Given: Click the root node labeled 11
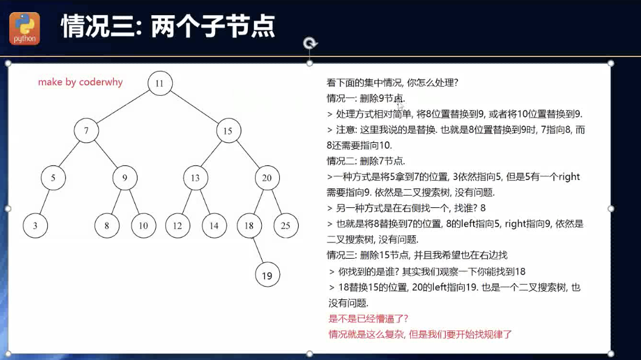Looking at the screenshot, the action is coord(159,84).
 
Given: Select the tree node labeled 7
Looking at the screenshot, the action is coord(87,131).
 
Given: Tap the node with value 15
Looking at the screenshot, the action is coord(228,131).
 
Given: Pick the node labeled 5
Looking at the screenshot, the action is coord(53,178).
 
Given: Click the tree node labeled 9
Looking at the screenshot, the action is coord(125,178).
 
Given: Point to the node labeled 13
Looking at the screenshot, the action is coord(195,178).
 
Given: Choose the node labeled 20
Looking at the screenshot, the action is coord(267,178).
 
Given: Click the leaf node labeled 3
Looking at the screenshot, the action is coord(35,226).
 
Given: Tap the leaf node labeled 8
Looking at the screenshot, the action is coord(107,226).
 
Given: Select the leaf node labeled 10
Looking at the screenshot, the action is coord(143,226).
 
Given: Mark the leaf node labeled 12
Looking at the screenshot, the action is coord(177,226).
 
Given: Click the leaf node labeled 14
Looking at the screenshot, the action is coord(214,226).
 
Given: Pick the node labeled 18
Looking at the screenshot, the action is coord(248,226).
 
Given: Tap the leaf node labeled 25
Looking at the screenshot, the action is coord(286,226).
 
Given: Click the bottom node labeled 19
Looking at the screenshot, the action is coord(267,276).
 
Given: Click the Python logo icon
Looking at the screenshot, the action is coord(25,28).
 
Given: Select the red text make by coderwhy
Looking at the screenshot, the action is coord(80,82).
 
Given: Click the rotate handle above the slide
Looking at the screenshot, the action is coord(310,43).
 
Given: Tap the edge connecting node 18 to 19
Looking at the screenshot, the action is coord(257,250).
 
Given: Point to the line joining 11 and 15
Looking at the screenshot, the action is coord(194,107).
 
